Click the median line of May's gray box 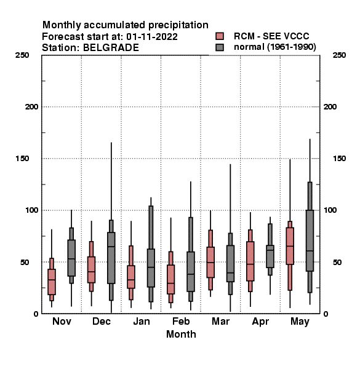[x=310, y=251]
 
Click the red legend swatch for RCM [x=220, y=36]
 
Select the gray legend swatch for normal [x=220, y=47]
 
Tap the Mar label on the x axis [x=220, y=321]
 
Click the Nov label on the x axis [x=62, y=321]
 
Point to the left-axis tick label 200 [x=31, y=107]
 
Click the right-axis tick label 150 [x=339, y=159]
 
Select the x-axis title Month [x=181, y=334]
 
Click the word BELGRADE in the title [x=111, y=48]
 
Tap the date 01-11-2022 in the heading [x=152, y=37]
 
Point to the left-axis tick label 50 [x=25, y=262]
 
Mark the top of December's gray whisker [x=111, y=143]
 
